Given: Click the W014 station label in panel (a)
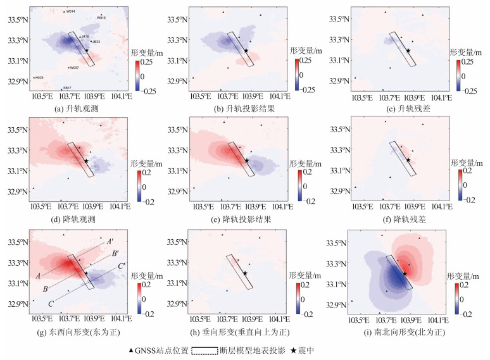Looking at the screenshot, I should [71, 11].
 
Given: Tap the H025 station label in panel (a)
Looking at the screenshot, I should [39, 77].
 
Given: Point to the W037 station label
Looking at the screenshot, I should [74, 67].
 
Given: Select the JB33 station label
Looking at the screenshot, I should [97, 42].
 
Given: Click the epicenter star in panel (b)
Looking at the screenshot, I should [246, 51].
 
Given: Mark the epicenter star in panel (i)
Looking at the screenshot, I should [405, 273].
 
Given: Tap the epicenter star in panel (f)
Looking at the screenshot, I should [408, 159].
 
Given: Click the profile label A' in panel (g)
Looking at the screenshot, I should [110, 242].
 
